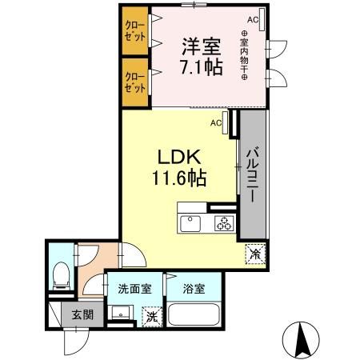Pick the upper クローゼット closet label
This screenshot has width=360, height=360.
(x=135, y=31)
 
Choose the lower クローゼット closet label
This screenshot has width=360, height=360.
(x=135, y=82)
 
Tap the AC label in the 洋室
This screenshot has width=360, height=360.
(x=252, y=19)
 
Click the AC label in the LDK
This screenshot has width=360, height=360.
(x=216, y=123)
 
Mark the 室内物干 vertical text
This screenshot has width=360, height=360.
(x=243, y=55)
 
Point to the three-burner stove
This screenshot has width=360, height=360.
(x=223, y=224)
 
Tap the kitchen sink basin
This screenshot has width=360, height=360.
(x=190, y=222)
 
